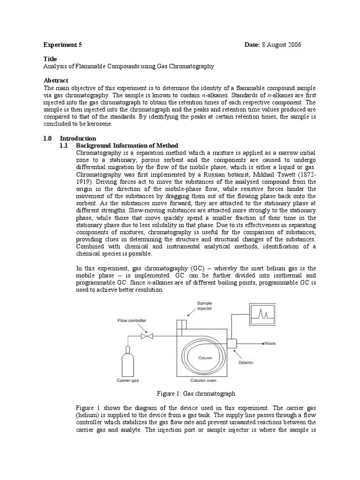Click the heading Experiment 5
pyautogui.click(x=63, y=45)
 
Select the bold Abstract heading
pyautogui.click(x=56, y=81)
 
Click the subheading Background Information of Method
pyautogui.click(x=127, y=145)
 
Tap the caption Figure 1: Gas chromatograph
pyautogui.click(x=196, y=393)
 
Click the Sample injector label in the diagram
pyautogui.click(x=204, y=306)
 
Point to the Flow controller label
pyautogui.click(x=132, y=321)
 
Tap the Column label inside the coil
pyautogui.click(x=205, y=358)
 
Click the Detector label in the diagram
pyautogui.click(x=246, y=362)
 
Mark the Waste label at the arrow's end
pyautogui.click(x=270, y=344)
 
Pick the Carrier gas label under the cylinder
pyautogui.click(x=127, y=380)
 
